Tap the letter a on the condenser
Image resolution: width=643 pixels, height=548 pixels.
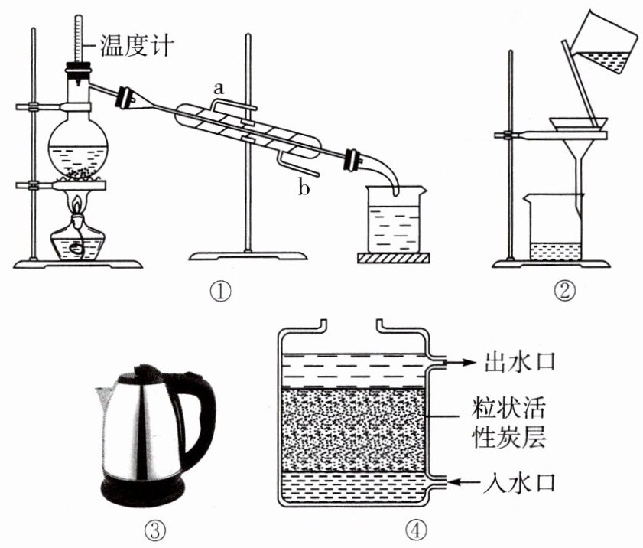219,89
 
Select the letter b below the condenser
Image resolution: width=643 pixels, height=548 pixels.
304,188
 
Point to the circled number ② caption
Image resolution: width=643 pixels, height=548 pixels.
564,292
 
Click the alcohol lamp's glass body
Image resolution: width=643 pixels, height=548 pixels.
78,243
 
